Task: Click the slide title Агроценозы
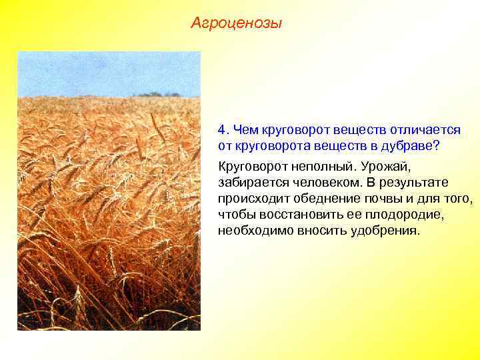click(x=236, y=24)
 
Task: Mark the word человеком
click(x=322, y=182)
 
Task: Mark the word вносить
click(x=319, y=231)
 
